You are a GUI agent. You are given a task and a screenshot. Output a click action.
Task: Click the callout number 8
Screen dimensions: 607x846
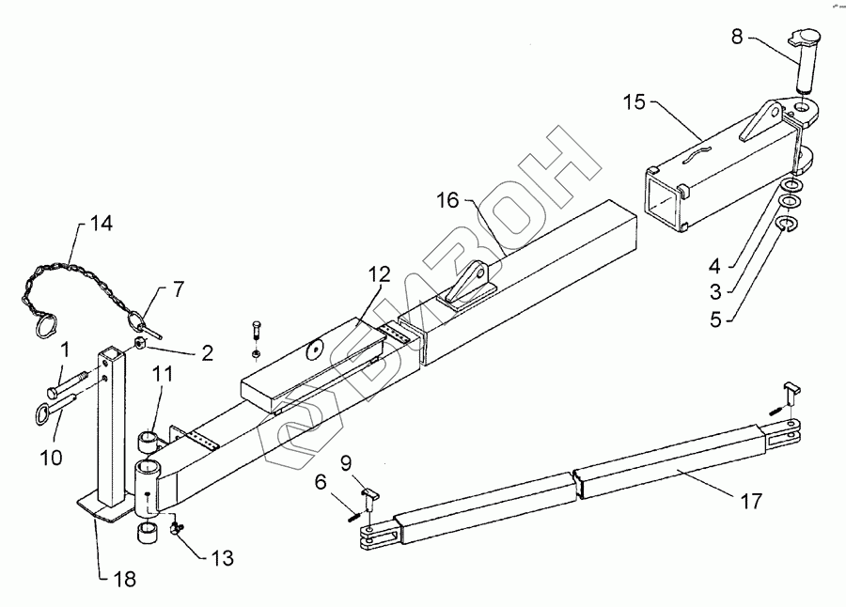pyautogui.click(x=737, y=39)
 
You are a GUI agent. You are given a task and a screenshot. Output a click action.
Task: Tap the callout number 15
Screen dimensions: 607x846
pyautogui.click(x=634, y=101)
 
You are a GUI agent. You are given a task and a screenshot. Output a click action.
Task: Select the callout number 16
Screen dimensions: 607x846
pyautogui.click(x=447, y=200)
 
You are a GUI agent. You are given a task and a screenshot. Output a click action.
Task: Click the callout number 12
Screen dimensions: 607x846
pyautogui.click(x=379, y=275)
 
